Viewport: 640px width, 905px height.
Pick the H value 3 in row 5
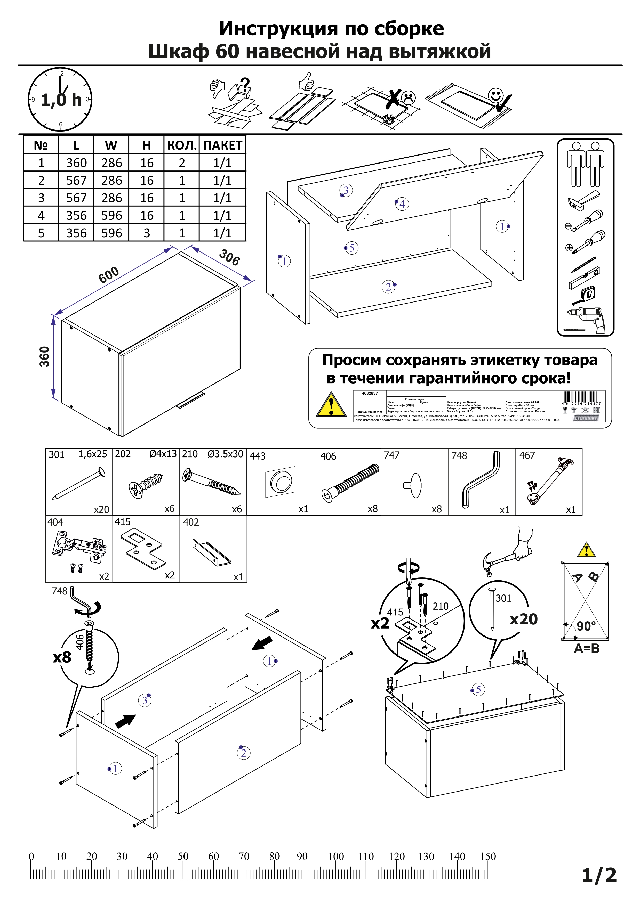[147, 233]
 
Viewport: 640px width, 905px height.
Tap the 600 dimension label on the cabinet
[109, 275]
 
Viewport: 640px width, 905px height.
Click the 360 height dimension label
[45, 357]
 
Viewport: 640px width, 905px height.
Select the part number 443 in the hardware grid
[258, 456]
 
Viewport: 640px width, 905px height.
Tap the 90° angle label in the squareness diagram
[586, 626]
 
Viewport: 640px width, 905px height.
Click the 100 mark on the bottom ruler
[336, 856]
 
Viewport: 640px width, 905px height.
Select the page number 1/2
[599, 875]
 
